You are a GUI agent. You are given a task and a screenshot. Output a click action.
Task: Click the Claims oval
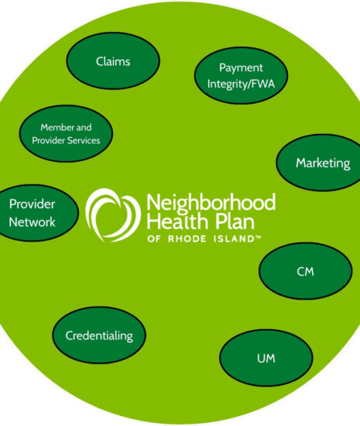point(113,61)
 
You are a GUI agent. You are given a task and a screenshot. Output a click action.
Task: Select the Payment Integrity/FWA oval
point(241,76)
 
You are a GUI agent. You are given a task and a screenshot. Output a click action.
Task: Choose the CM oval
point(306,271)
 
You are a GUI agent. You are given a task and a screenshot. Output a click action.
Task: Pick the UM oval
point(266,358)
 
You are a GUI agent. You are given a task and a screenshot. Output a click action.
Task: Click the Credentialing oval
point(99,335)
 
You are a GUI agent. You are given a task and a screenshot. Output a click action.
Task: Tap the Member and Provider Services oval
point(67,134)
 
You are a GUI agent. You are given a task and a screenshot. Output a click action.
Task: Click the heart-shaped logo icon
point(113,215)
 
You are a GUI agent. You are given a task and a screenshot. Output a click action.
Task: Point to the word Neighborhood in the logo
point(211,203)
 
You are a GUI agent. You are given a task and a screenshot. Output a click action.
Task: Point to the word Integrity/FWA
point(241,84)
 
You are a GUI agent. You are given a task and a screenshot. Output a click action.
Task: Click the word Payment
point(241,68)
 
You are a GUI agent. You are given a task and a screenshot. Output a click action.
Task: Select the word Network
point(32,222)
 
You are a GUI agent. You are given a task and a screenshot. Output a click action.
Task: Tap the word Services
point(84,140)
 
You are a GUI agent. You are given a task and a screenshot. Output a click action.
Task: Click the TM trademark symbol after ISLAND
point(258,237)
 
